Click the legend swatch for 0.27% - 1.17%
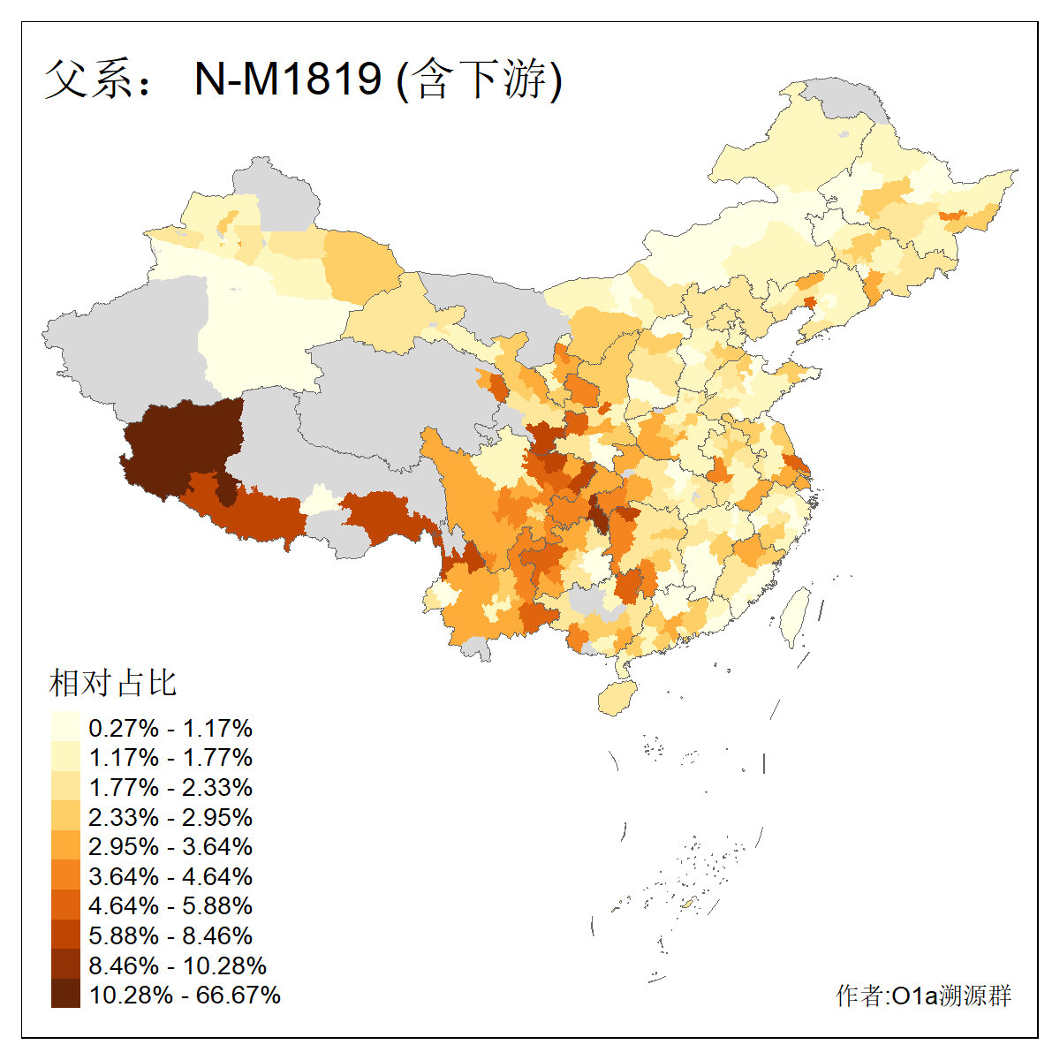[65, 728]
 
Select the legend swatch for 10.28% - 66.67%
[65, 995]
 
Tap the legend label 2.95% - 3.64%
[170, 846]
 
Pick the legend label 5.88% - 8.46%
[170, 935]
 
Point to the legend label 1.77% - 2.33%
[170, 787]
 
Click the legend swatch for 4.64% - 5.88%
[65, 905]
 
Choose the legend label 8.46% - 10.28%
[178, 965]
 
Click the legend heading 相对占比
[113, 683]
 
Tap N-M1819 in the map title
[288, 79]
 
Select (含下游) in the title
[480, 79]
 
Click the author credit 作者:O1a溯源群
[923, 996]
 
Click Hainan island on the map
[617, 698]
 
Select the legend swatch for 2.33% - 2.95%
[65, 817]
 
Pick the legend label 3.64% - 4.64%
[170, 876]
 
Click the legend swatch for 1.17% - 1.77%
[65, 758]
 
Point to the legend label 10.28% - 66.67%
[185, 995]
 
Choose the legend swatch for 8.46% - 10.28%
[65, 965]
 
